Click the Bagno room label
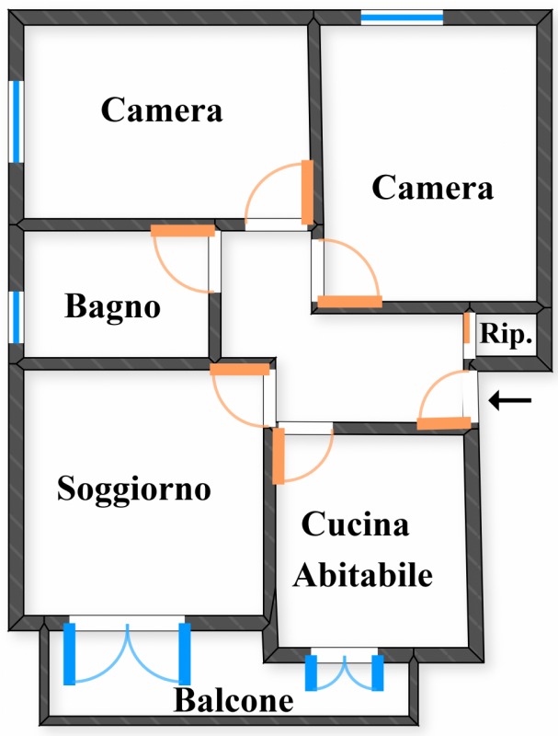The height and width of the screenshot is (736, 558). coord(112,306)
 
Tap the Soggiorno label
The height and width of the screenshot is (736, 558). coord(134,489)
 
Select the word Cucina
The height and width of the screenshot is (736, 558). coord(356,525)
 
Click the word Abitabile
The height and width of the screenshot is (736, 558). coord(363,576)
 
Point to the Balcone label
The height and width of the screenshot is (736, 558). coord(233,702)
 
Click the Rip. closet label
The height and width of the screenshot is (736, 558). coord(507,335)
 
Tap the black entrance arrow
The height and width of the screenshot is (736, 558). coord(510,400)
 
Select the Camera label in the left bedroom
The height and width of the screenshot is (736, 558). coord(162,110)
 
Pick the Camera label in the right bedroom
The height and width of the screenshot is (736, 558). coord(432,188)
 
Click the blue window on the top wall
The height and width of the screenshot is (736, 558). coord(402,17)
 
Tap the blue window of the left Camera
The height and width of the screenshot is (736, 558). coord(17,121)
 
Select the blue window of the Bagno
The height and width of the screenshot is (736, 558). coord(17,316)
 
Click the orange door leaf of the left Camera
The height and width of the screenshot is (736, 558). coord(307,191)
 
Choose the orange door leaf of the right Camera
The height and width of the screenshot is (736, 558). coord(349,302)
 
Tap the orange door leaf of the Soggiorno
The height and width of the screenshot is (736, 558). coord(240,370)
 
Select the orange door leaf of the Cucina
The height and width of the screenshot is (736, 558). coord(279,456)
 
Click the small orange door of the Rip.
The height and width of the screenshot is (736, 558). coord(467,328)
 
